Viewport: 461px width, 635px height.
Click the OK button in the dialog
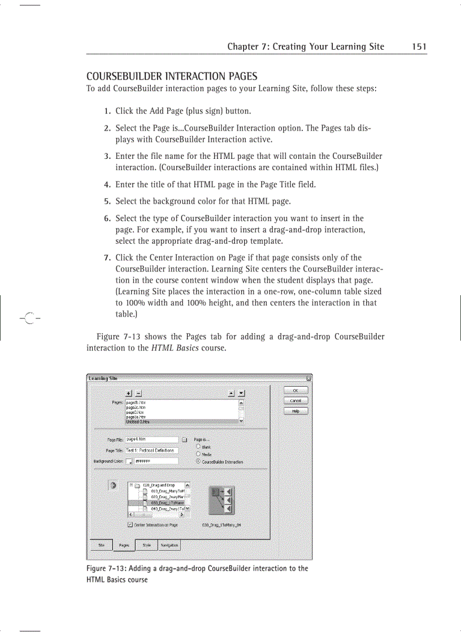[296, 390]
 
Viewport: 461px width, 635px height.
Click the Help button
[296, 411]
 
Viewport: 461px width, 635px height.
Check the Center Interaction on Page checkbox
[131, 525]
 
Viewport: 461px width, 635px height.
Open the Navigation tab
[169, 545]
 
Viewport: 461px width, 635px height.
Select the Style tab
[146, 545]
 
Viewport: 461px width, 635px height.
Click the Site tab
[102, 545]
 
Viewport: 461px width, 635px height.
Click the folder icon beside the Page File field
[185, 439]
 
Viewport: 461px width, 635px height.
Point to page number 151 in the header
[419, 47]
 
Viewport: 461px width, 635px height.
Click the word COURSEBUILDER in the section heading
[116, 76]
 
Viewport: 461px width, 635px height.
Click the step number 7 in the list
[106, 258]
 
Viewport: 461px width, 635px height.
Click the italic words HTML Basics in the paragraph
[175, 348]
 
